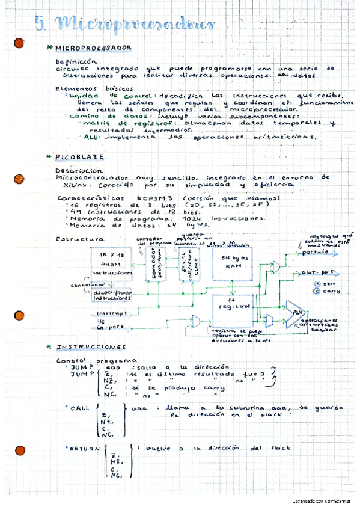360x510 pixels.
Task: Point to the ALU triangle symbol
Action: [x=294, y=314]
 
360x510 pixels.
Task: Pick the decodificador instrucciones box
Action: [x=112, y=295]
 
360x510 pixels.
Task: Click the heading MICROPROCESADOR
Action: [x=93, y=48]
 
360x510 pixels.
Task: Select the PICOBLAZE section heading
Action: [x=79, y=157]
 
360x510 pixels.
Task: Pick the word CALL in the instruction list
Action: [x=80, y=408]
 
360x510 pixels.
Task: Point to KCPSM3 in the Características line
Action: [x=157, y=197]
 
